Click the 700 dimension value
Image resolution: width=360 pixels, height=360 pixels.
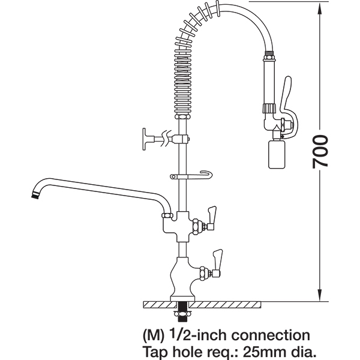(320, 152)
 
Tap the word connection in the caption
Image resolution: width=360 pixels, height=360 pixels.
(271, 335)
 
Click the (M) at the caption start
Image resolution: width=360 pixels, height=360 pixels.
(154, 336)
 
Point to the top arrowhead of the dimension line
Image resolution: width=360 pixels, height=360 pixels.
(320, 9)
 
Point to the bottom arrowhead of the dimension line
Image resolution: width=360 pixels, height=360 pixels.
(320, 295)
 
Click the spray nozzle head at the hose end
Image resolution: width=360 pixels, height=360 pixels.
(277, 154)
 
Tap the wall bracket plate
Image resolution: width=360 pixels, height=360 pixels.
(144, 139)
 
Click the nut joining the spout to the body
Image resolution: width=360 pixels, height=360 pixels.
(167, 215)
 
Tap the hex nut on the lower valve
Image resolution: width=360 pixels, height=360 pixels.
(203, 273)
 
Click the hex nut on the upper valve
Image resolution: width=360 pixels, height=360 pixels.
(196, 227)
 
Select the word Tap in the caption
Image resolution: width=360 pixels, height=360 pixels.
(156, 352)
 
